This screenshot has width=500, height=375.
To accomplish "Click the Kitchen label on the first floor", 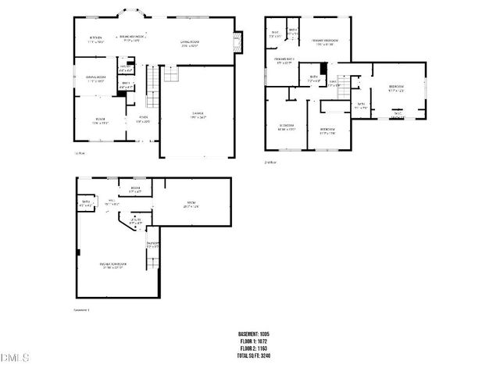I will tap(96, 39).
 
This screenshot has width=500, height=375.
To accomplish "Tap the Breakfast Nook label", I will tap(130, 37).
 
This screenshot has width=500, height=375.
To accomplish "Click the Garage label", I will tap(198, 116).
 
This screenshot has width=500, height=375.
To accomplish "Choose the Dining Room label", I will tap(96, 79).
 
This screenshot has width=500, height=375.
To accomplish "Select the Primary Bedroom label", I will tap(325, 42).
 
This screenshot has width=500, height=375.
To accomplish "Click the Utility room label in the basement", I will tap(137, 221).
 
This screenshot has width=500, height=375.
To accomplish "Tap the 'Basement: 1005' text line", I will tap(254, 334).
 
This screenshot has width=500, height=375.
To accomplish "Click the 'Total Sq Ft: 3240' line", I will tap(254, 355).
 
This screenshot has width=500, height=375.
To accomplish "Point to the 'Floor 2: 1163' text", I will tap(254, 348).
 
